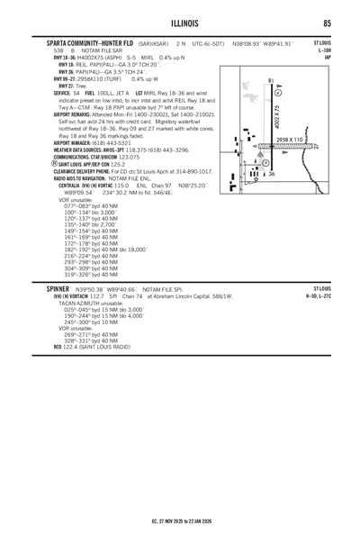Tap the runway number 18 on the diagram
(x=271, y=84)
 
